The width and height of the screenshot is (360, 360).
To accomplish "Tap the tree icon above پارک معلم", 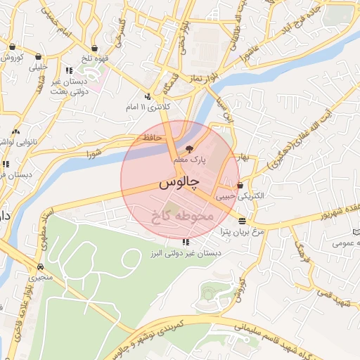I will click(x=188, y=148).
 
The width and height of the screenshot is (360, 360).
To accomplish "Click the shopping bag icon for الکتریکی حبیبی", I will click(x=241, y=186).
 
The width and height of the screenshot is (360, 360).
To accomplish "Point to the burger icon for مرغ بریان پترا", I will click(x=243, y=221).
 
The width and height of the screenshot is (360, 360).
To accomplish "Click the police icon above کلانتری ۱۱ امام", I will click(x=147, y=96).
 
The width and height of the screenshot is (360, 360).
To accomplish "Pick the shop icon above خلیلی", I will click(x=38, y=58).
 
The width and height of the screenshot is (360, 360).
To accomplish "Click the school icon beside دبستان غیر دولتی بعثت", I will click(x=69, y=70).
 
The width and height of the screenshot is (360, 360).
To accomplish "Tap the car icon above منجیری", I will click(x=41, y=266).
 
